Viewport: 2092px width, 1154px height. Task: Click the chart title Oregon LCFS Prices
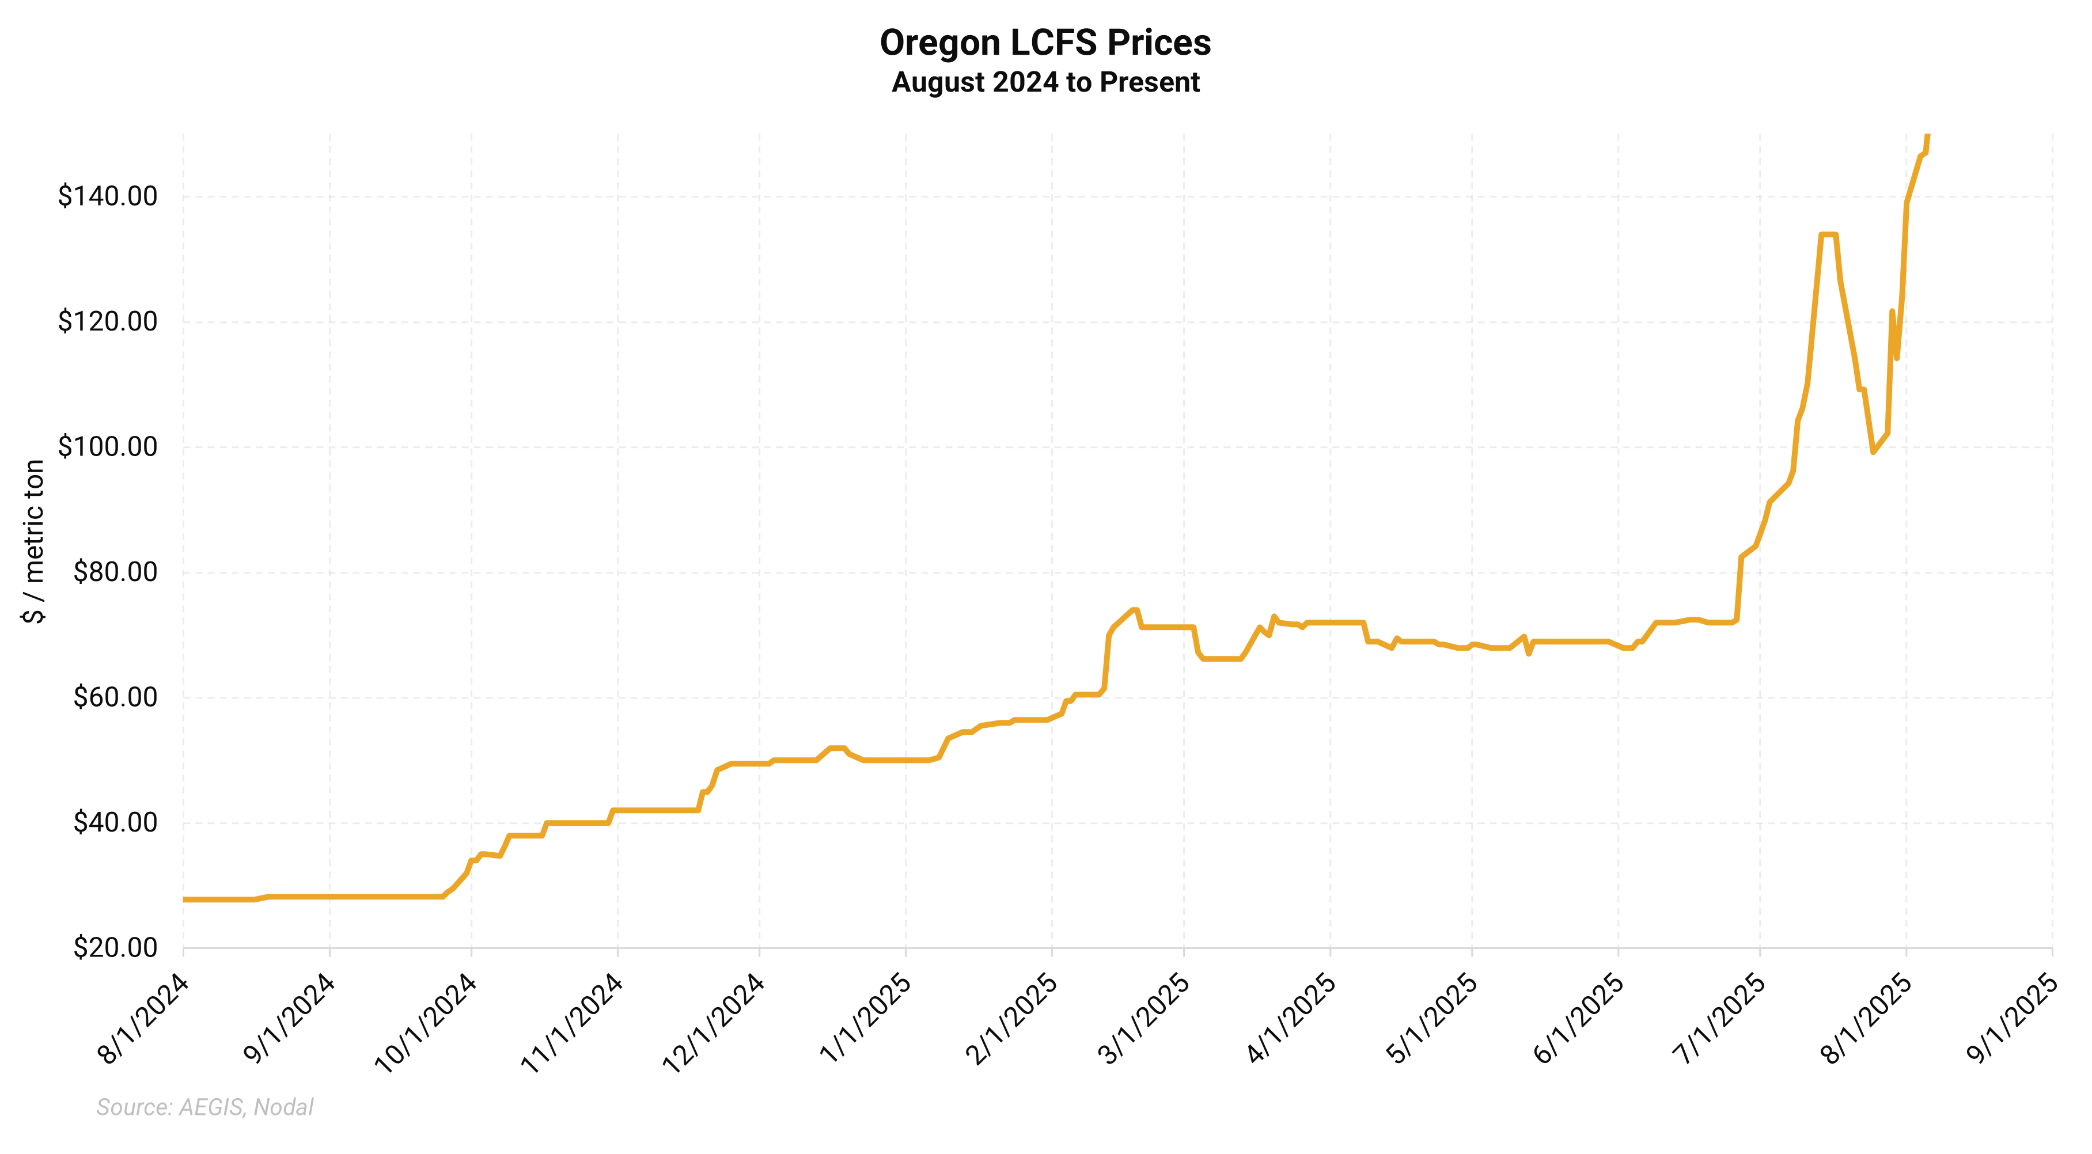coord(1045,43)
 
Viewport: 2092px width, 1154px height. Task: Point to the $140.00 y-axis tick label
coord(107,196)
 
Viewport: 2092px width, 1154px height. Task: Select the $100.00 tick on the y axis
coord(107,447)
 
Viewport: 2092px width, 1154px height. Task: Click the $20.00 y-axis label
coord(115,948)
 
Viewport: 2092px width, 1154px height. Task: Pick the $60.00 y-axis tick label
coord(115,697)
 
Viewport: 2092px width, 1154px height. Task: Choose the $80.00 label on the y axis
coord(115,572)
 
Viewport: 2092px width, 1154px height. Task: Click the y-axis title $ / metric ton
coord(33,541)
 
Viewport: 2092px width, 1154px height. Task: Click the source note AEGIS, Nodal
coord(204,1107)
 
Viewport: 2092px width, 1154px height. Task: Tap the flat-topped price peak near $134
coord(1828,235)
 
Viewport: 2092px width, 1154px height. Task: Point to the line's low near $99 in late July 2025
coord(1873,451)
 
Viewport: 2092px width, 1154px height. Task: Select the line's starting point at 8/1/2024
coord(184,899)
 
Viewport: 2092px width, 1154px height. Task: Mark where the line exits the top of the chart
coord(1928,136)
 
